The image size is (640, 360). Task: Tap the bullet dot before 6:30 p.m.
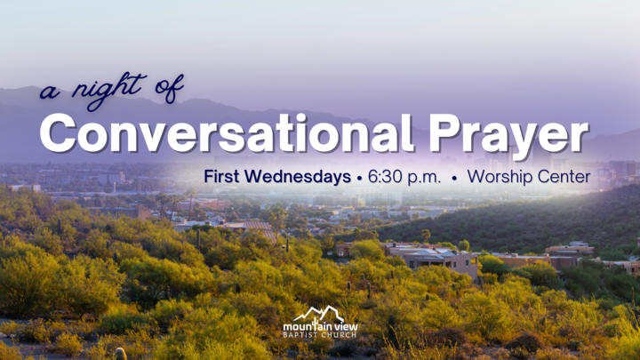click(358, 178)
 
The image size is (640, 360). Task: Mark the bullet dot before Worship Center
click(454, 178)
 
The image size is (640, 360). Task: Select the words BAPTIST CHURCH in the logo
click(320, 336)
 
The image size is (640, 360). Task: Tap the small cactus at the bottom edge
click(119, 354)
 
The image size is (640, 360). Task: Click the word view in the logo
click(342, 326)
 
